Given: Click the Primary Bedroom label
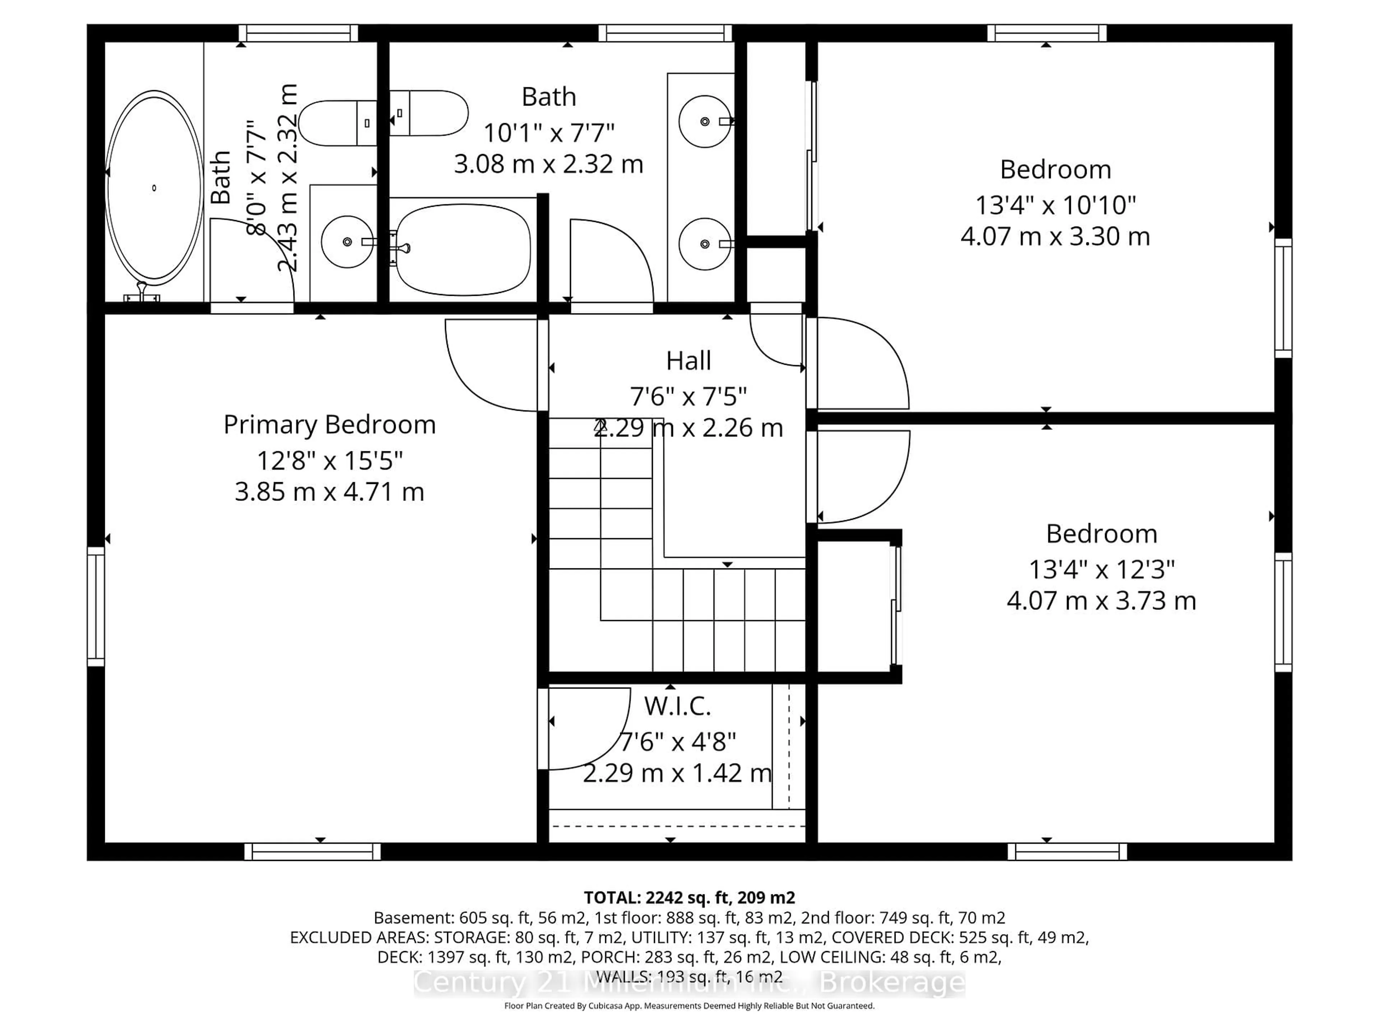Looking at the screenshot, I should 329,425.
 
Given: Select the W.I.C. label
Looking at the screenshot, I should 677,706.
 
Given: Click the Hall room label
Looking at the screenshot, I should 688,361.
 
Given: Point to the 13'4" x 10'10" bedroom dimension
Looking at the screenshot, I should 1055,205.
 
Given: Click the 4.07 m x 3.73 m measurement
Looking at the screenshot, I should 1101,601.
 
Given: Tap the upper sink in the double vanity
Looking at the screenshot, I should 705,122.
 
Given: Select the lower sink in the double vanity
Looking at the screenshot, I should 705,244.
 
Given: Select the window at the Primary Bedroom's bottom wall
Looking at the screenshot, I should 312,851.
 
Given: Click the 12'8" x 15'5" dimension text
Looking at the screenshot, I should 329,461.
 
